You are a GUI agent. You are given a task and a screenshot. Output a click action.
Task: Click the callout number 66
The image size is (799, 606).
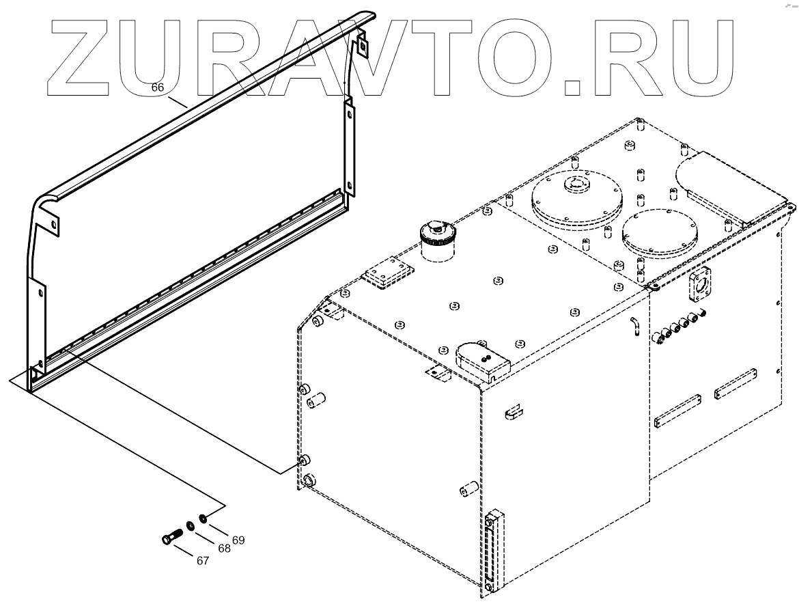click(157, 87)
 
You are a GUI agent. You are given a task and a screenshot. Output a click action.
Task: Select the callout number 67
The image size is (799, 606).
click(202, 560)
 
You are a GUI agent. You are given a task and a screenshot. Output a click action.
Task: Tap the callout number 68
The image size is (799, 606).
click(224, 548)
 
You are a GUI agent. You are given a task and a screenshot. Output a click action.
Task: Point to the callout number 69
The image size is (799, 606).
click(238, 540)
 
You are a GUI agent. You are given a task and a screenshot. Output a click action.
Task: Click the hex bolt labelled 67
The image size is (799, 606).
click(171, 536)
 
